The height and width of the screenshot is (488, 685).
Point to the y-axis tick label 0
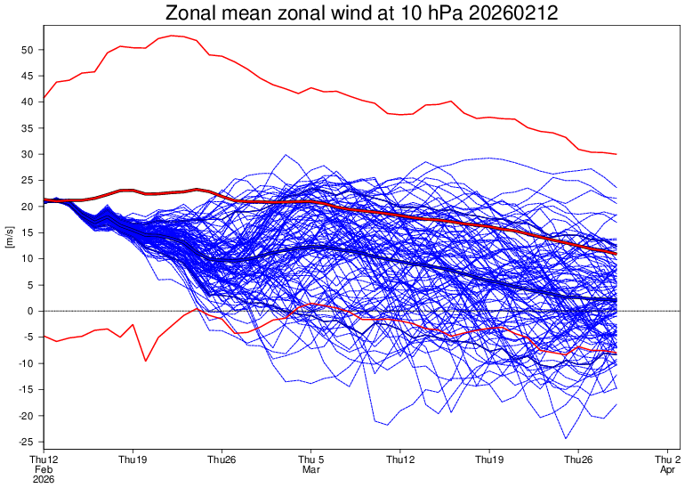[x=29, y=311]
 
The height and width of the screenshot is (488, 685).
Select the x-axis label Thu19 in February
[x=133, y=460]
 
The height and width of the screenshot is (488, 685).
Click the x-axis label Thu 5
[x=311, y=460]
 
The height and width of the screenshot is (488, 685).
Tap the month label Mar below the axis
[x=311, y=469]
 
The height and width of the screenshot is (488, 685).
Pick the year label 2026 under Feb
[x=44, y=479]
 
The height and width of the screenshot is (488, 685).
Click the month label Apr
[x=668, y=469]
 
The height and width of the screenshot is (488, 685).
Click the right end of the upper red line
[x=616, y=154]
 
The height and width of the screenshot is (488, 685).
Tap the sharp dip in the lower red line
[x=145, y=361]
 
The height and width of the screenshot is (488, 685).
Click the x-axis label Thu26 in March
[x=579, y=460]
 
